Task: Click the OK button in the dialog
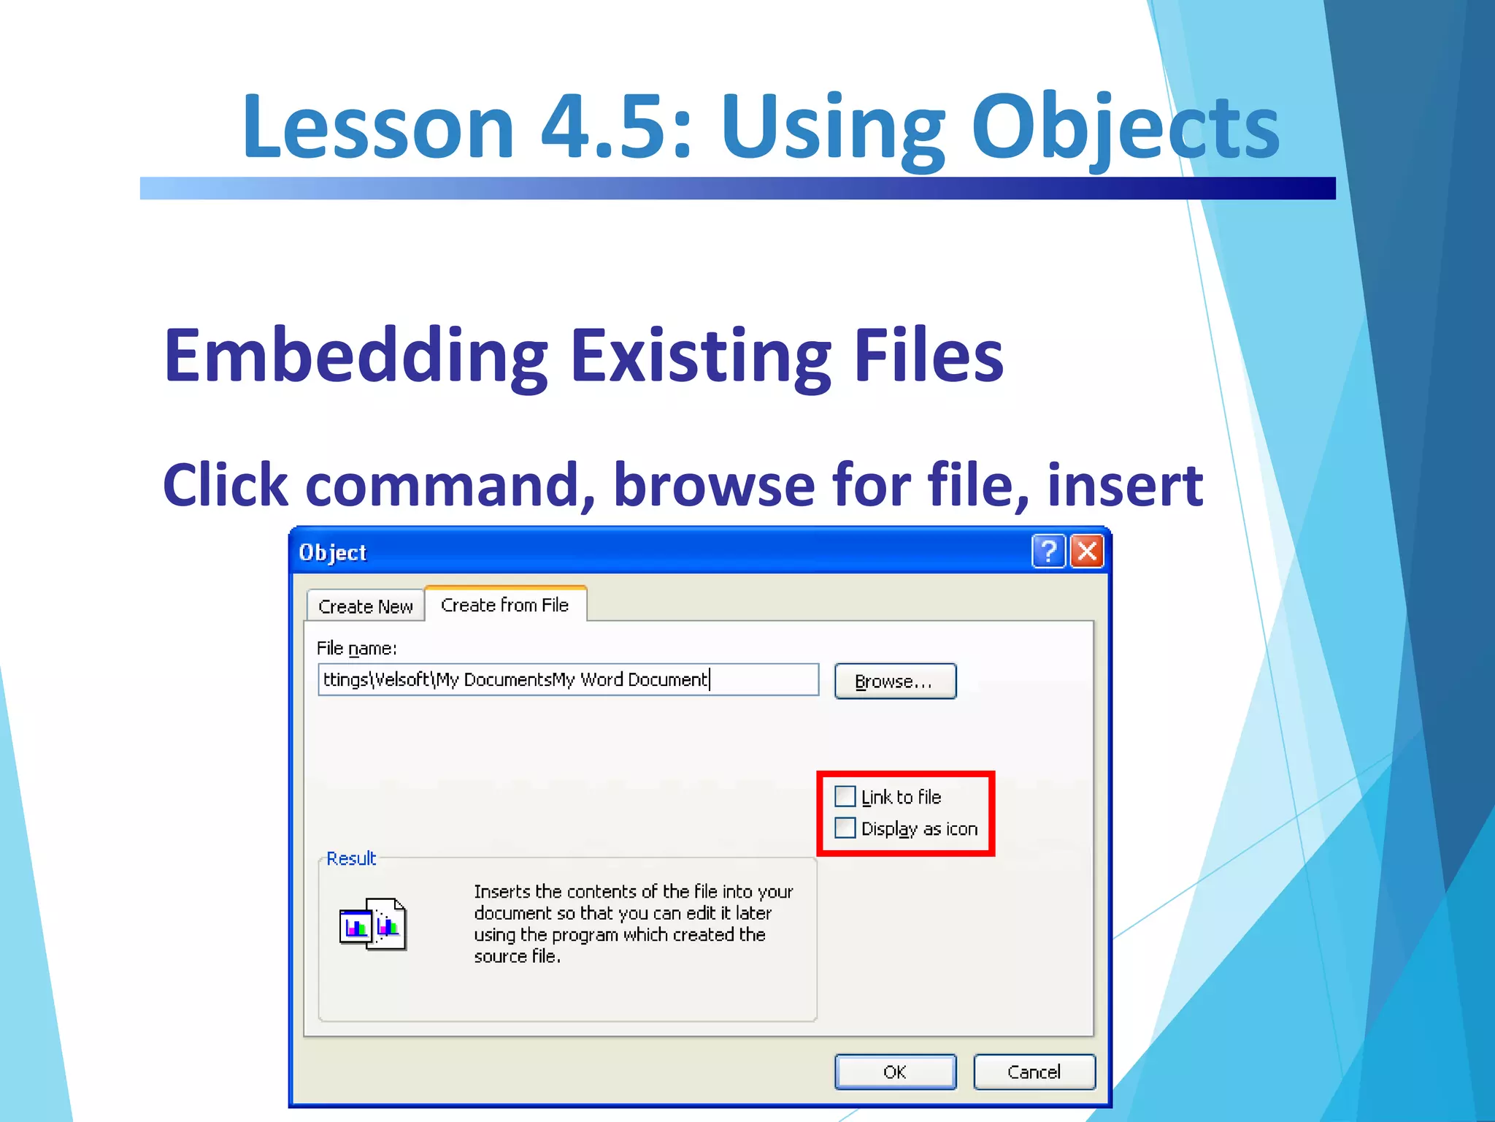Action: tap(895, 1072)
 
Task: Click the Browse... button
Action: tap(895, 682)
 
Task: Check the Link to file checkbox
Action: tap(845, 796)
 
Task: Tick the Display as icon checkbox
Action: tap(845, 828)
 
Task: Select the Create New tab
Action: tap(365, 606)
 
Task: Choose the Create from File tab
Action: tap(505, 605)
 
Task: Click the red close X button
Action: tap(1087, 552)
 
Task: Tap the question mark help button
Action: tap(1048, 552)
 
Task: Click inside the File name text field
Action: tap(568, 680)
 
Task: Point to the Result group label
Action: tap(351, 858)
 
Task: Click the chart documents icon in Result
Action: tap(372, 925)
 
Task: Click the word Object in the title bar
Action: tap(333, 553)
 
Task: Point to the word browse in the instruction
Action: tap(714, 486)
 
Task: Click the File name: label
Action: tap(357, 649)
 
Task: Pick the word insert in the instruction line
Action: tap(1125, 486)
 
